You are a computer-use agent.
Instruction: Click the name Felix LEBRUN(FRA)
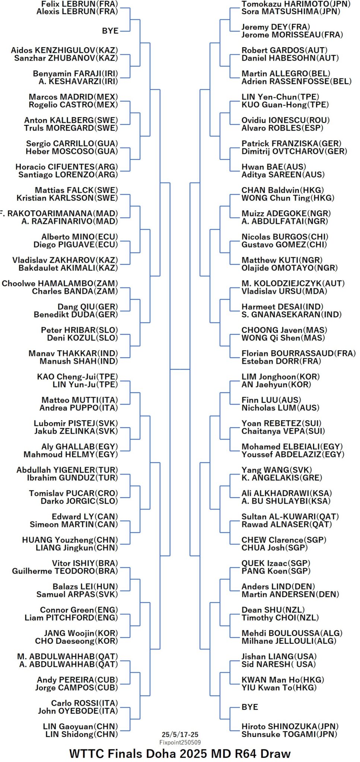(79, 4)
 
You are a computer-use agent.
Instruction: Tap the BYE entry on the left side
(110, 31)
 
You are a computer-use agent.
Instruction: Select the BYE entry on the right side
(250, 707)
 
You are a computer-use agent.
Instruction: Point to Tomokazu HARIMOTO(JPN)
(296, 4)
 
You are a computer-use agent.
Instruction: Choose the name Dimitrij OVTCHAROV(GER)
(294, 151)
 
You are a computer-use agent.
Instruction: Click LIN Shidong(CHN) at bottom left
(82, 734)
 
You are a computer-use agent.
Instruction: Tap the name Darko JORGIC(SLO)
(79, 501)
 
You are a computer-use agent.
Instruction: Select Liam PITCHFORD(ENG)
(71, 618)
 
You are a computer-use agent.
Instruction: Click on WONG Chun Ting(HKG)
(288, 198)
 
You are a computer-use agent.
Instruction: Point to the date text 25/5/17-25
(180, 734)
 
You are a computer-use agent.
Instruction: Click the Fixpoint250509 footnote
(180, 742)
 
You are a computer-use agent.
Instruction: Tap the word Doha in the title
(161, 753)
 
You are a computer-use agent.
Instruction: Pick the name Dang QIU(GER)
(87, 307)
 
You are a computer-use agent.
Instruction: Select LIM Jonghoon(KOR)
(281, 377)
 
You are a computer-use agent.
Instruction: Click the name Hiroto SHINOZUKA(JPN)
(290, 726)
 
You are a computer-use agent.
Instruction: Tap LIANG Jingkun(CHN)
(77, 548)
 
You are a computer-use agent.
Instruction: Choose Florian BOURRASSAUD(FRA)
(299, 353)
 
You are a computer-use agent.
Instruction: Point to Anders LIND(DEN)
(278, 586)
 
